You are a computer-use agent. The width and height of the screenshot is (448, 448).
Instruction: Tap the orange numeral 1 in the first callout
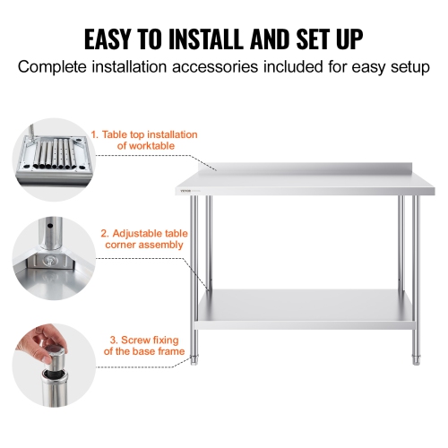point(92,134)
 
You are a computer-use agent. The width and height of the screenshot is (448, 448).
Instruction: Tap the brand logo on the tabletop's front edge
point(185,189)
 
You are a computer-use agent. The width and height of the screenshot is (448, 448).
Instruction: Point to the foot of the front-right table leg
point(414,360)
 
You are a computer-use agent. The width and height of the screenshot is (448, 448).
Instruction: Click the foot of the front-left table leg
point(194,360)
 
